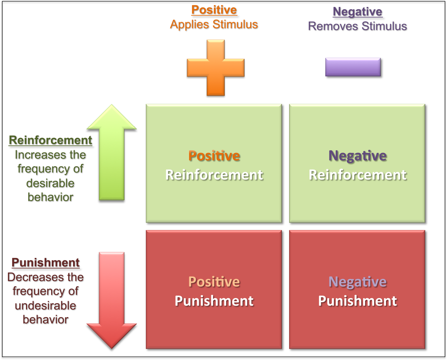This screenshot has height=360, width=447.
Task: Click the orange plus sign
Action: (215, 67)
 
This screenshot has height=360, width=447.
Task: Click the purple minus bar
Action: (353, 67)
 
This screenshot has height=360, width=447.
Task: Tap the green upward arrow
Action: (112, 153)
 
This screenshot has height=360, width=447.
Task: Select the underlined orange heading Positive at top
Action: (214, 10)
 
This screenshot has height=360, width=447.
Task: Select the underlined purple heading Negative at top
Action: (357, 12)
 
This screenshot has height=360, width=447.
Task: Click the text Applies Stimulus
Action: (214, 24)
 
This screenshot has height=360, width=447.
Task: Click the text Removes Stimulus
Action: (357, 26)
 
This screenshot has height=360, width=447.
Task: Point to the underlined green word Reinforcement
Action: (50, 140)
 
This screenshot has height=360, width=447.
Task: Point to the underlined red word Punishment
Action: (45, 262)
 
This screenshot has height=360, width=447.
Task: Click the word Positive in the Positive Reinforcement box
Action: (214, 156)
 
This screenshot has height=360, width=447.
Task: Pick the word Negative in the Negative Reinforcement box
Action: (357, 156)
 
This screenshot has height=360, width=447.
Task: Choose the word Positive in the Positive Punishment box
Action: (214, 282)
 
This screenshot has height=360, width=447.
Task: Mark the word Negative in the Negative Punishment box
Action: (357, 282)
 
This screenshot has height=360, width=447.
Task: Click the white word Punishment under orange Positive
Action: (214, 301)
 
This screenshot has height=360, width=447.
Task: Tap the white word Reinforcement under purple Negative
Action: (357, 175)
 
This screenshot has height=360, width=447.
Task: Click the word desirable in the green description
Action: (50, 183)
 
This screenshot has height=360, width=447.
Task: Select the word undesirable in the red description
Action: (45, 305)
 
